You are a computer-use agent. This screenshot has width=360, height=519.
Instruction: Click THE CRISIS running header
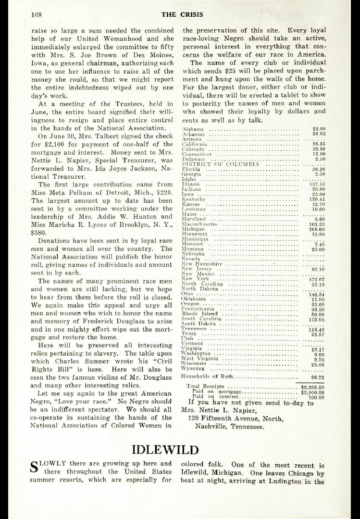click(x=179, y=14)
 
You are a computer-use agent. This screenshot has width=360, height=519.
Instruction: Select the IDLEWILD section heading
click(x=165, y=450)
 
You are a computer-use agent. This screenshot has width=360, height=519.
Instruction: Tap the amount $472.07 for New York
click(x=316, y=279)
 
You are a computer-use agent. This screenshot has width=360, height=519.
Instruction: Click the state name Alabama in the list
click(x=193, y=129)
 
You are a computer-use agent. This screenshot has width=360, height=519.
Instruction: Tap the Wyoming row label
click(x=193, y=369)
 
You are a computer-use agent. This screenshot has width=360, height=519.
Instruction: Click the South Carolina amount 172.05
click(x=316, y=319)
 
